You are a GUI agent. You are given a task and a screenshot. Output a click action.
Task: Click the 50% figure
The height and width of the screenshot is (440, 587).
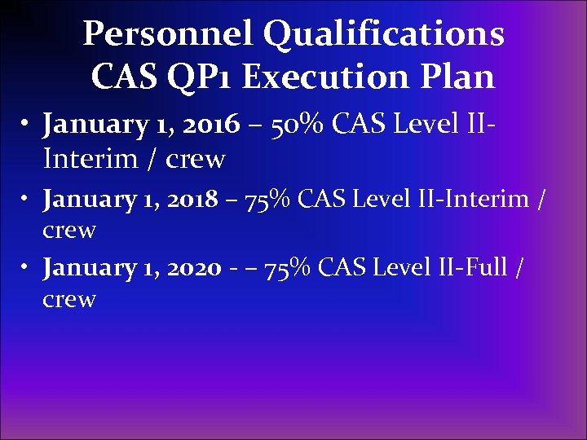pyautogui.click(x=295, y=125)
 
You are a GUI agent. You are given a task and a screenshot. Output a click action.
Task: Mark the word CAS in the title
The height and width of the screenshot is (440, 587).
pyautogui.click(x=119, y=77)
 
